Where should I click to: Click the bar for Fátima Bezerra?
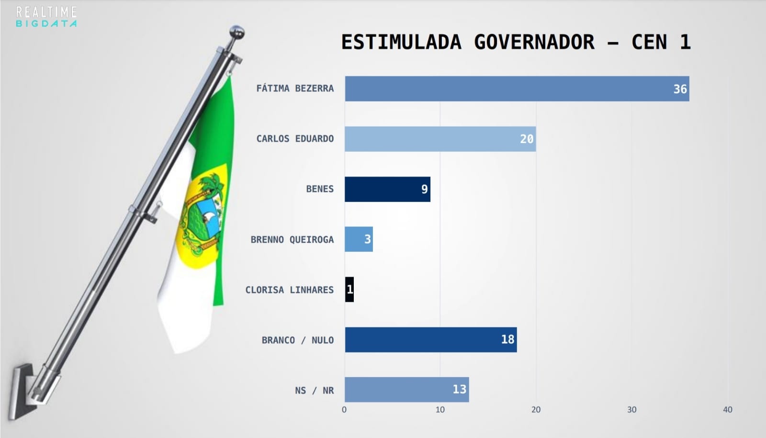517,89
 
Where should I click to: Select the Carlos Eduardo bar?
440,139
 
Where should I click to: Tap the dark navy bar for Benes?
387,189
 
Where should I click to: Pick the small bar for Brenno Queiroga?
359,239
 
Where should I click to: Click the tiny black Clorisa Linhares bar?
349,290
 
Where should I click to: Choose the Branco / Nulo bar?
430,340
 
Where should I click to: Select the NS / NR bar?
406,390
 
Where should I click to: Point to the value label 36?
680,89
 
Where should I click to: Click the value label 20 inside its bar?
527,139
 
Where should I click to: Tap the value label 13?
459,389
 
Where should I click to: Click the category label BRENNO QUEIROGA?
292,239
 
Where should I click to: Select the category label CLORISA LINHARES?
289,290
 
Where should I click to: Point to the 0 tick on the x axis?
344,410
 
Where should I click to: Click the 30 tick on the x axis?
632,410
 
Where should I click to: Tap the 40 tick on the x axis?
728,410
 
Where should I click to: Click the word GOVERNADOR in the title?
534,42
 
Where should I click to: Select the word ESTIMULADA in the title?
401,42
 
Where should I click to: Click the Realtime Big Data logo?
46,17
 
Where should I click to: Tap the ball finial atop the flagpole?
237,33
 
